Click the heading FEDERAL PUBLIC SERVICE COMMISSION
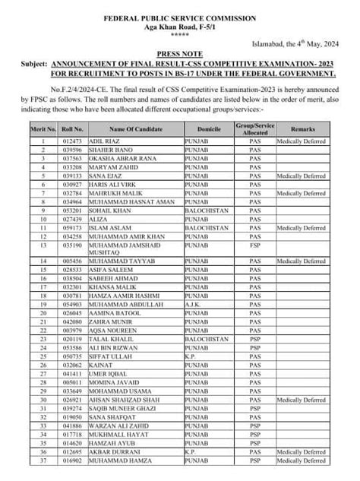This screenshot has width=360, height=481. coord(179,16)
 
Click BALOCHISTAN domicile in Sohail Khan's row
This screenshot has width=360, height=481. coord(207,210)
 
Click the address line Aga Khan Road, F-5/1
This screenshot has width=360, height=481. coord(179,25)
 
